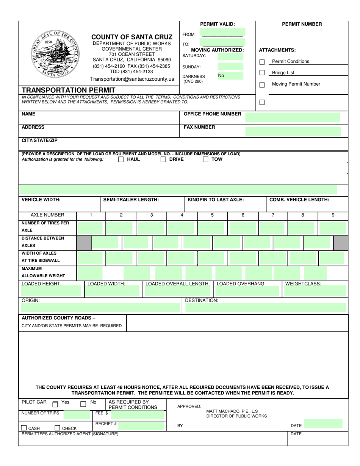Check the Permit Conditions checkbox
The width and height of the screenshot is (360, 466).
click(262, 62)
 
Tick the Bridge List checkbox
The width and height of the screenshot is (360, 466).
click(262, 73)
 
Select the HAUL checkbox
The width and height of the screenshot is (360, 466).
click(121, 160)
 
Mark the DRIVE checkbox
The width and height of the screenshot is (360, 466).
click(163, 160)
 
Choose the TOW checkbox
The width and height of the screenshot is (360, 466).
click(205, 160)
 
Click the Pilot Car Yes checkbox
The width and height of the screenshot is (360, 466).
click(55, 404)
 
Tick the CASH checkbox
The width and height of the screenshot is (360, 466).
click(24, 428)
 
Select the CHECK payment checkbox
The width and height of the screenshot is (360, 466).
click(58, 428)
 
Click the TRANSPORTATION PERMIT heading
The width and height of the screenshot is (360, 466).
click(69, 90)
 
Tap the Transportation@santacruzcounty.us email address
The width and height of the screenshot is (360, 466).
click(132, 79)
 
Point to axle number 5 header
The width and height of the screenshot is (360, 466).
click(212, 215)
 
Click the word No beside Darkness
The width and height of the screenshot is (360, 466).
click(221, 76)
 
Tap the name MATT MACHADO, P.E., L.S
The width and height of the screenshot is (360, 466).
click(232, 411)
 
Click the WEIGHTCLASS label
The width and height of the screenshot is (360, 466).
click(303, 284)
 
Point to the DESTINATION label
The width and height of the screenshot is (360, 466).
click(201, 300)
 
